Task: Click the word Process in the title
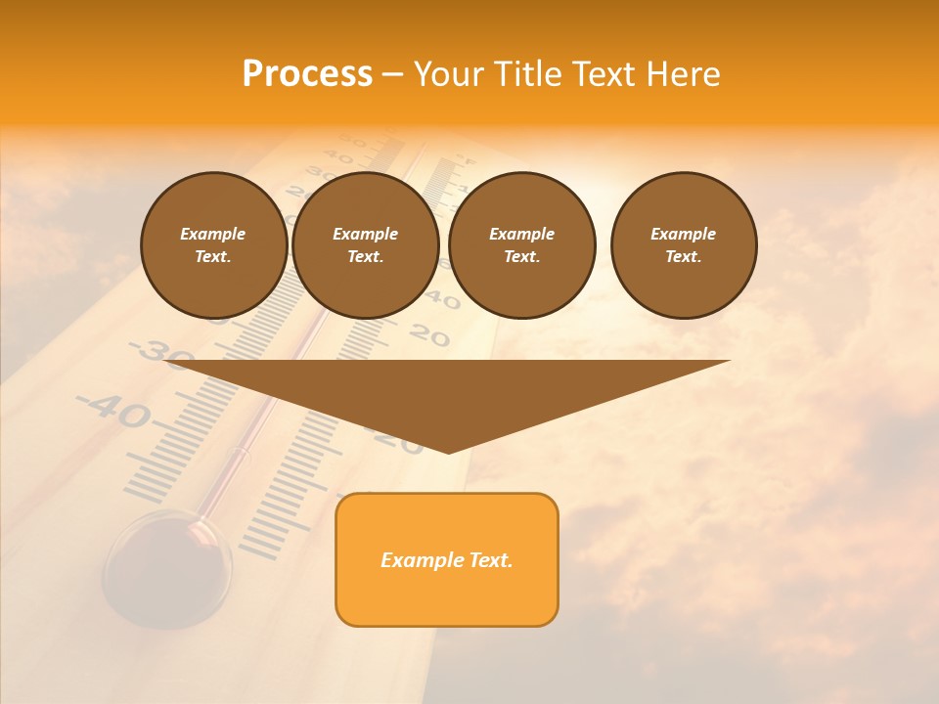pos(307,74)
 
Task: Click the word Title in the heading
pos(524,74)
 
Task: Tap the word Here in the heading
pos(683,74)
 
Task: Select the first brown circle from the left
pos(213,245)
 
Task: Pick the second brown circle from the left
pos(365,245)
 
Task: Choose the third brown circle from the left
pos(521,245)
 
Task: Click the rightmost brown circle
pos(684,245)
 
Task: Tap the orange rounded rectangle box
pos(447,559)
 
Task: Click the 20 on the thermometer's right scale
pos(428,336)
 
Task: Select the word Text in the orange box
pos(488,560)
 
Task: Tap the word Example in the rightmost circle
pos(684,234)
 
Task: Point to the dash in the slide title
pos(392,74)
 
